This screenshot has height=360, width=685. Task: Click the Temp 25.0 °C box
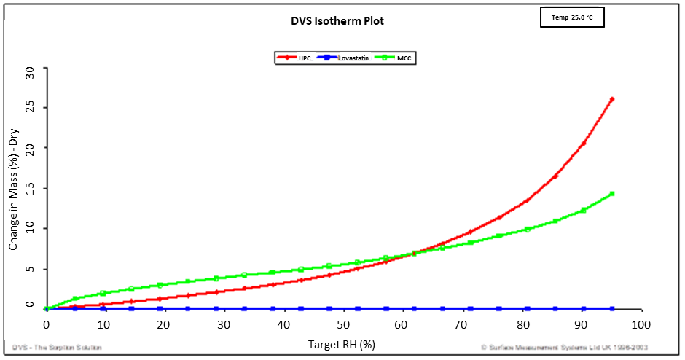coord(572,17)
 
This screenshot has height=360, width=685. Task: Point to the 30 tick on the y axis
coord(30,71)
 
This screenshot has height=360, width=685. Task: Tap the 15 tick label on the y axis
coord(30,189)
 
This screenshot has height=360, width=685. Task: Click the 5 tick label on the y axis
coord(30,269)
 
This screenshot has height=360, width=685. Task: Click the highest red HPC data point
coord(612,99)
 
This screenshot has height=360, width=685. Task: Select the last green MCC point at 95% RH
coord(612,194)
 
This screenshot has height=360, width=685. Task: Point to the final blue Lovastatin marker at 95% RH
coord(612,309)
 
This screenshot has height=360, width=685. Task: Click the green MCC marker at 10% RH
coord(103,293)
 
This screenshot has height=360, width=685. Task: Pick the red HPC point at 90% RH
coord(583,144)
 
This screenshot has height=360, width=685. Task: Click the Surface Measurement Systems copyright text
coord(564,348)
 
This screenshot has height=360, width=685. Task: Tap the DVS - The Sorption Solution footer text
coord(57,348)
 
